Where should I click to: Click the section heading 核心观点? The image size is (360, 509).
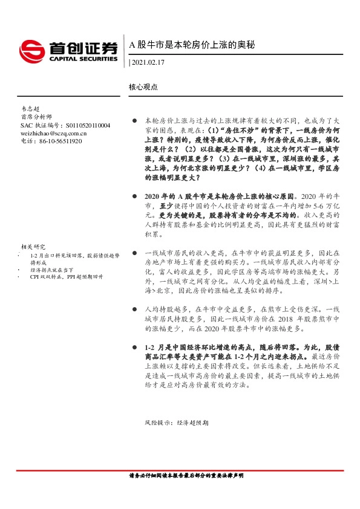pyautogui.click(x=143, y=86)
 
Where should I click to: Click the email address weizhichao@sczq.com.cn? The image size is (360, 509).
pyautogui.click(x=53, y=133)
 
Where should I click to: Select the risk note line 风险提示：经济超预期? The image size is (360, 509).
pyautogui.click(x=176, y=423)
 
